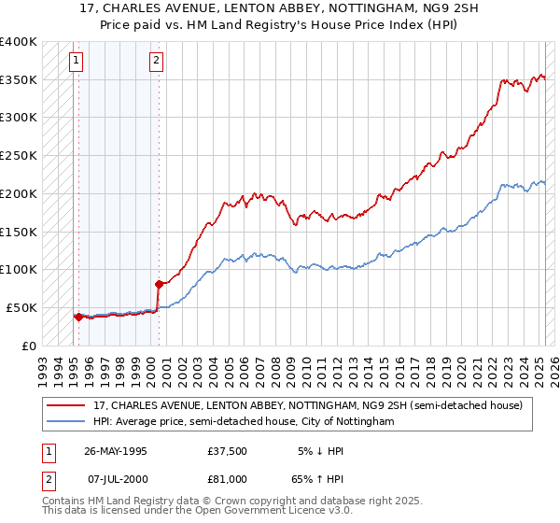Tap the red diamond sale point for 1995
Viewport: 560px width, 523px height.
[77, 317]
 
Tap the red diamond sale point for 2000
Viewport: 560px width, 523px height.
[159, 283]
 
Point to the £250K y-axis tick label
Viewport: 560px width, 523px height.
[18, 156]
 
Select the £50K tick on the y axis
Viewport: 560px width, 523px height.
[21, 307]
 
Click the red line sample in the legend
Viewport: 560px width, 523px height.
[65, 405]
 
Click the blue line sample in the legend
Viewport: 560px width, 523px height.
[65, 421]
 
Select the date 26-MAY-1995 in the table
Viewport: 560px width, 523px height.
[116, 451]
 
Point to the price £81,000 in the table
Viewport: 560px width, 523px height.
[228, 478]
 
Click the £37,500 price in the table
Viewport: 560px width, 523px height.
[228, 451]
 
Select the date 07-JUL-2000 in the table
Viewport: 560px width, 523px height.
[116, 478]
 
